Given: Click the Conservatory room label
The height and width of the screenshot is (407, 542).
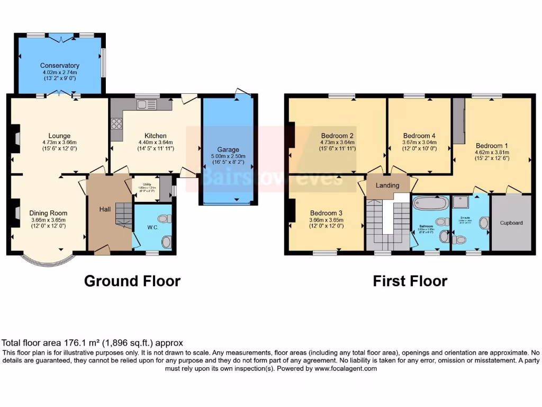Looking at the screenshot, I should coord(59,66).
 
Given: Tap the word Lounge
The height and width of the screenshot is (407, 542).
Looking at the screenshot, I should coord(59,136).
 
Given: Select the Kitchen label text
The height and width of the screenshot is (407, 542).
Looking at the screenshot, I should coord(155,136).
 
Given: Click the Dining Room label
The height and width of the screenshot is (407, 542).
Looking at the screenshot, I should coord(48,213).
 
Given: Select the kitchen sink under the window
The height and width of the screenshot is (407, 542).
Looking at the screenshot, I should coord(143,105).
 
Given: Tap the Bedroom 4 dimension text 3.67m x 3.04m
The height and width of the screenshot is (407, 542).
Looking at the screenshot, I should coord(419,142).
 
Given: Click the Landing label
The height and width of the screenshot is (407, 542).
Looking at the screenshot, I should coord(387,185).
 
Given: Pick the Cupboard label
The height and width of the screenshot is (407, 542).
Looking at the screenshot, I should coord(511,223).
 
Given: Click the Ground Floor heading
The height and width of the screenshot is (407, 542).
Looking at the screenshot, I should coord(132,281).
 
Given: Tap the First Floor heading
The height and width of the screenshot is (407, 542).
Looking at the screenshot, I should coord(410,281).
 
